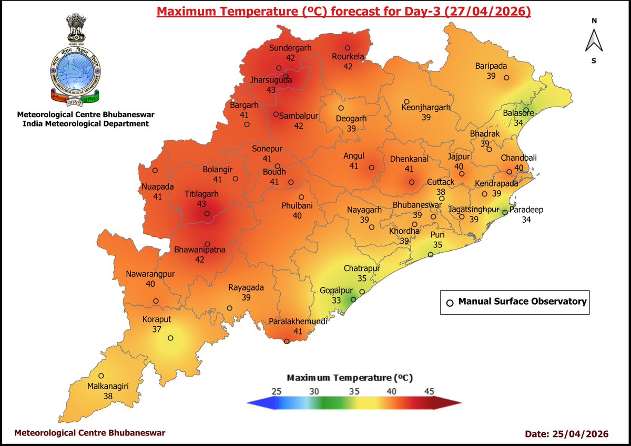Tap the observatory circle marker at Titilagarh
(207, 214)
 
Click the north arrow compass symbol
(594, 41)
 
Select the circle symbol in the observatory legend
(450, 303)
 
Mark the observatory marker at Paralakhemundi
(287, 341)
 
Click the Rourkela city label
(348, 57)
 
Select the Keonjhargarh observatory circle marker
(406, 101)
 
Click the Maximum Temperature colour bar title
(349, 378)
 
